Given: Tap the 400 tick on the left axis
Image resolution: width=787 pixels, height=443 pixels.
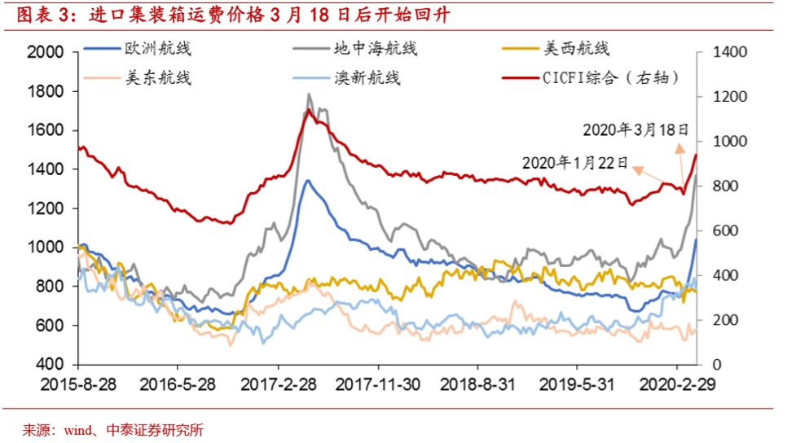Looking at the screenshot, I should click(x=51, y=365).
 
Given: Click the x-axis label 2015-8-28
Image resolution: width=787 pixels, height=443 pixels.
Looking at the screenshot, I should click(x=80, y=384).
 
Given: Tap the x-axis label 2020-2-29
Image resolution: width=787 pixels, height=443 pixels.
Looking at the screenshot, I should click(x=680, y=384).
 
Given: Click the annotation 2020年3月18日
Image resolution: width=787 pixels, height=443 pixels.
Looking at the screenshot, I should click(x=636, y=129).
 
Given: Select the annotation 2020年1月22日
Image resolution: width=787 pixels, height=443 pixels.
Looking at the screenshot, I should click(x=575, y=163).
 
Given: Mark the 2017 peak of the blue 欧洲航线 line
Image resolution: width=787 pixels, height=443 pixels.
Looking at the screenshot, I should click(x=307, y=181).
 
